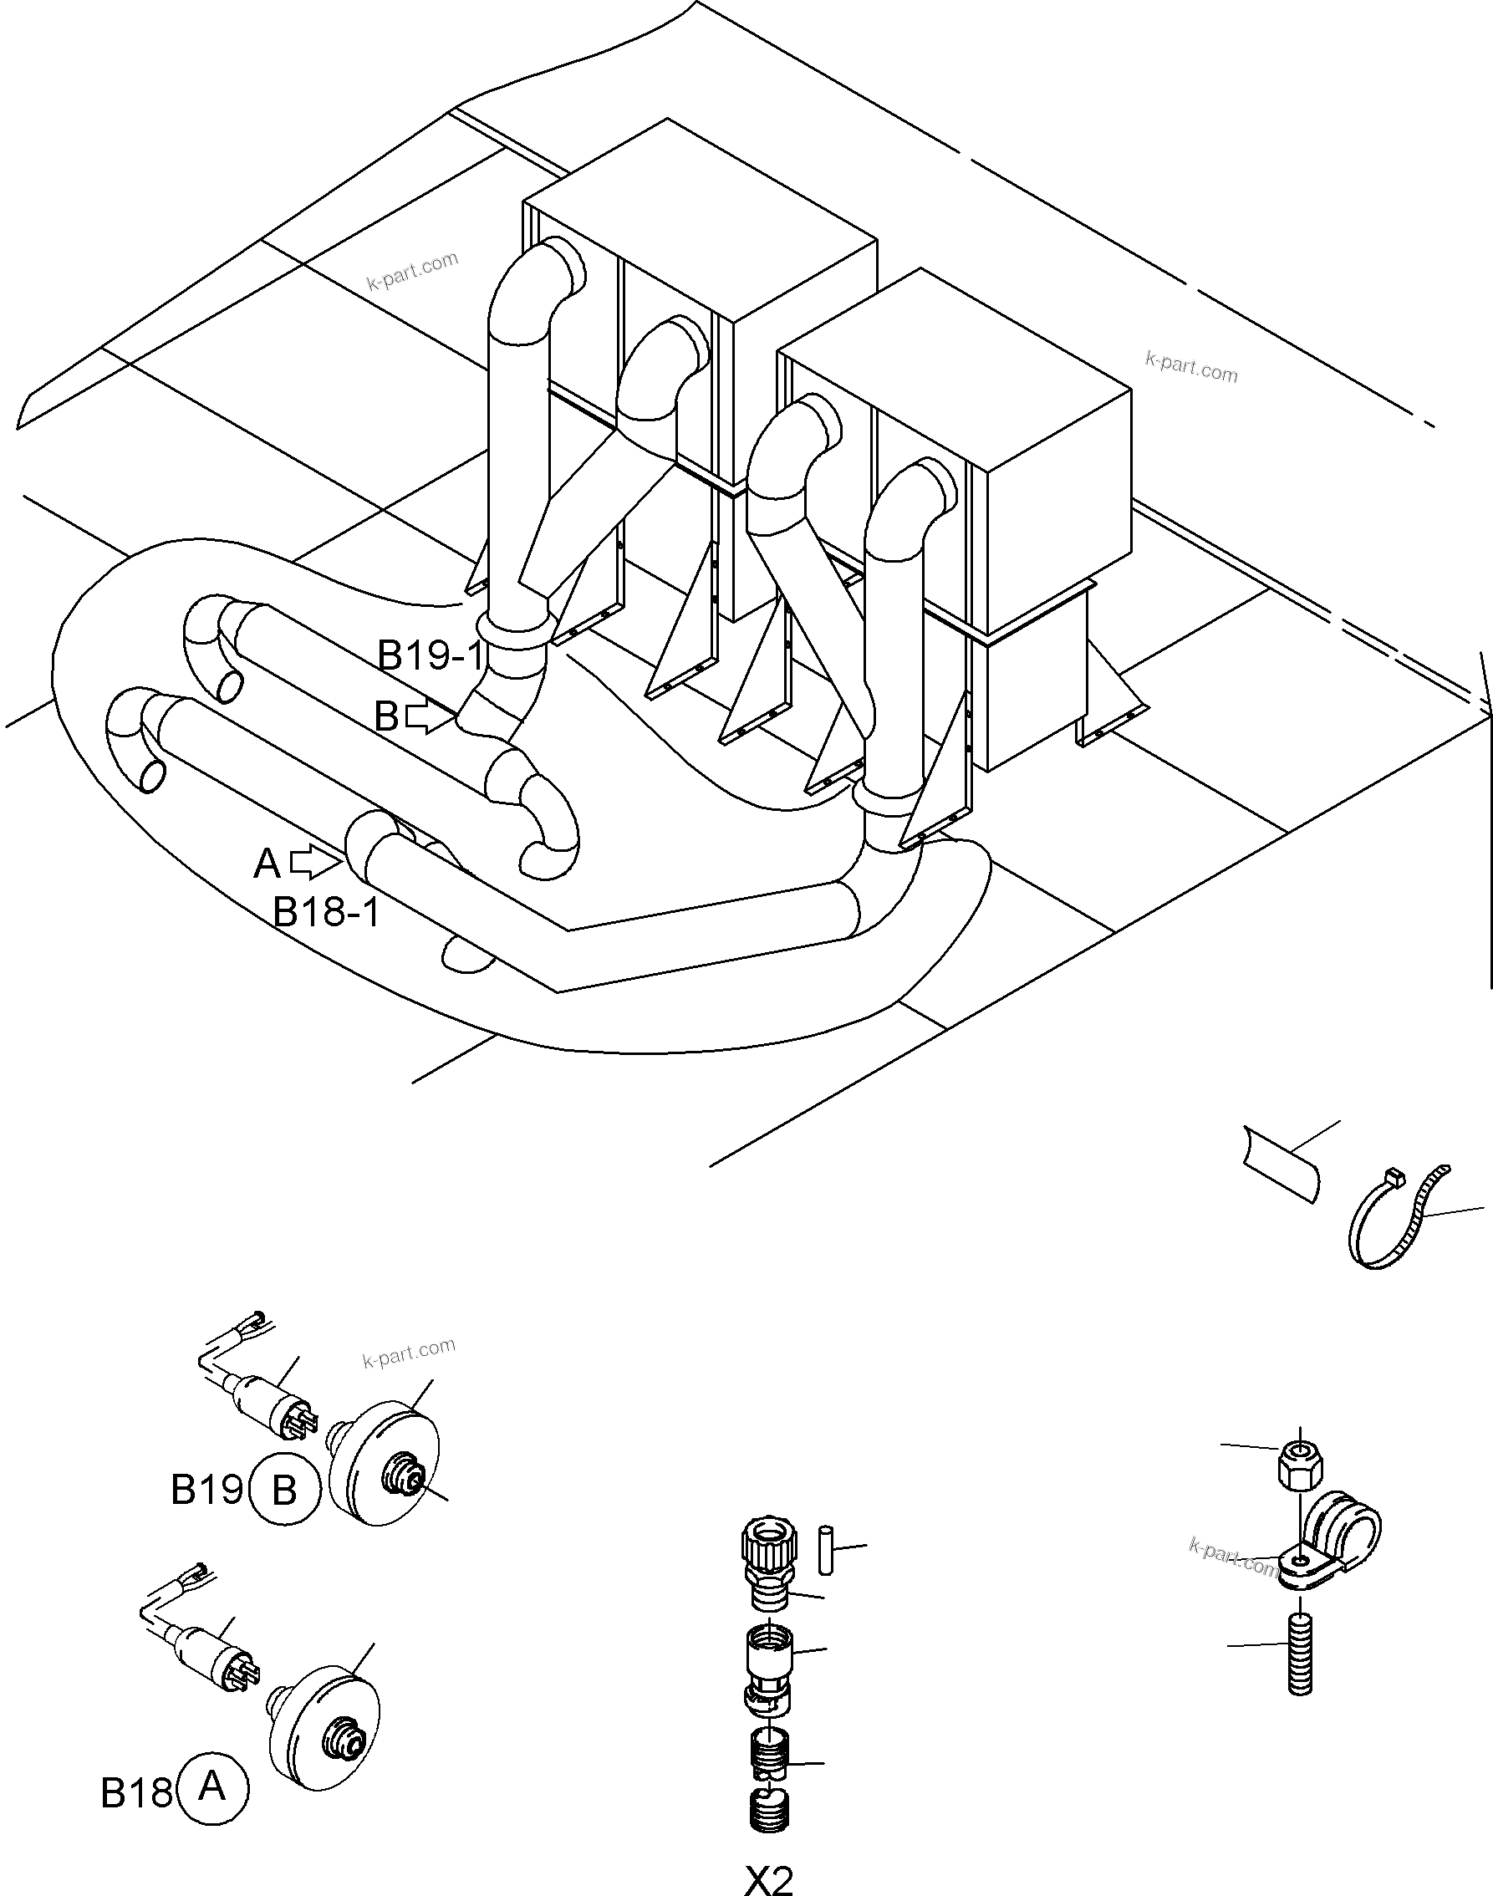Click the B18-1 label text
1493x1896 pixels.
[x=327, y=913]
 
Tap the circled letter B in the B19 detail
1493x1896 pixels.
[x=284, y=1491]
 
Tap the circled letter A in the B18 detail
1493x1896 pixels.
[x=212, y=1788]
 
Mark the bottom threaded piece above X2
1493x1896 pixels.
[x=769, y=1811]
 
